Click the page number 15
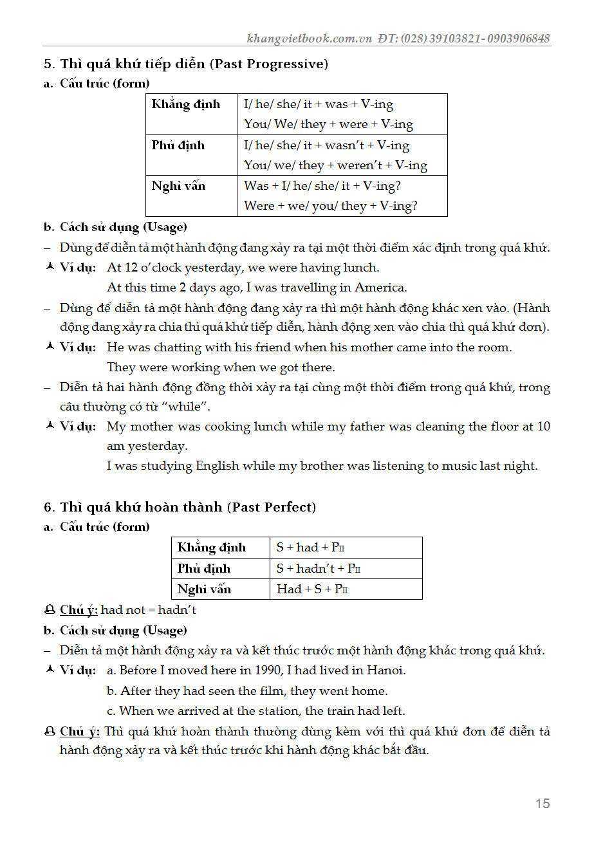tap(542, 803)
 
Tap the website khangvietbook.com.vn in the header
tap(309, 38)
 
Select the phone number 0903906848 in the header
tap(519, 38)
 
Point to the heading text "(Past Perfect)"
tap(271, 507)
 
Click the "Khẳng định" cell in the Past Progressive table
tap(186, 104)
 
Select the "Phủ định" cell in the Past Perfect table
tap(204, 568)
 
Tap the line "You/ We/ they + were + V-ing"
tap(328, 124)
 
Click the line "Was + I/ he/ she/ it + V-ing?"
tap(322, 186)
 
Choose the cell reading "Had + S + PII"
tap(312, 589)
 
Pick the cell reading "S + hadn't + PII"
tap(318, 568)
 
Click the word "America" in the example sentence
tap(380, 288)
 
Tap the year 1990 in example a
tap(268, 670)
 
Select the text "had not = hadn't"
tap(149, 609)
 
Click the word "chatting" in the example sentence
tap(177, 347)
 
